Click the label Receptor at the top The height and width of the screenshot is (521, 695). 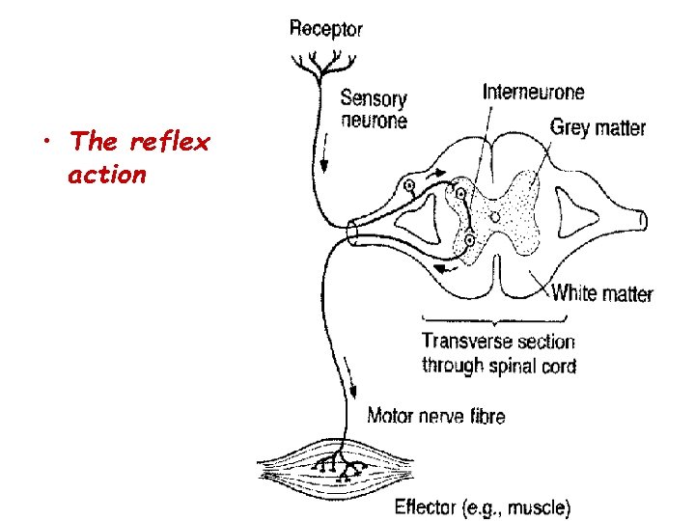point(326,28)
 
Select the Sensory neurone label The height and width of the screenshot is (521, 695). point(374,109)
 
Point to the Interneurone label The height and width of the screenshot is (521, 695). point(533,93)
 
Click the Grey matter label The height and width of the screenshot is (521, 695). point(598,127)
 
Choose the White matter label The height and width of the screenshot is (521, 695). point(601,293)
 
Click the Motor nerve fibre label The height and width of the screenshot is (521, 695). point(435,416)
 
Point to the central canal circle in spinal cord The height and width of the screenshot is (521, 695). point(494,219)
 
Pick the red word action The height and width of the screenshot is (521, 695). point(107,175)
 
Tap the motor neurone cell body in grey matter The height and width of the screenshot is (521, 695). point(469,238)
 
